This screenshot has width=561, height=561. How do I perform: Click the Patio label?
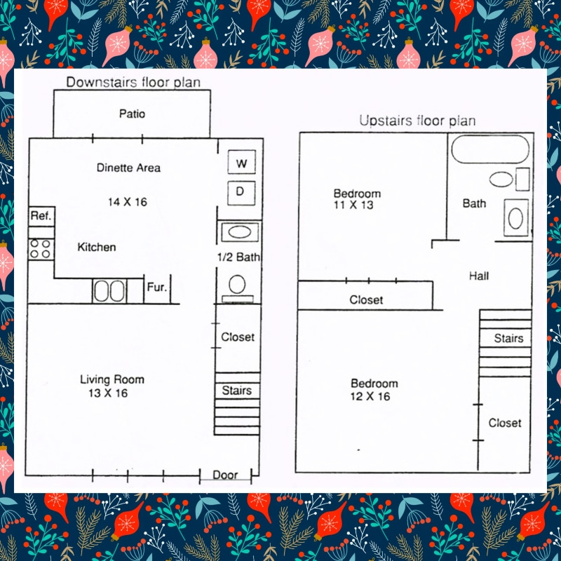coord(132,114)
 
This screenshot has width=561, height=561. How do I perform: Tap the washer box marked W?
coord(242,164)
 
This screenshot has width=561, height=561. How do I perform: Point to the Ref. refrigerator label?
coord(41,217)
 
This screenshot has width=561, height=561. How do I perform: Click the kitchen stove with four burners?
coord(41,248)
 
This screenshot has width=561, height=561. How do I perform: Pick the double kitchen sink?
coord(109,291)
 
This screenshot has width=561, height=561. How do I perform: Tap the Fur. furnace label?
coord(156,288)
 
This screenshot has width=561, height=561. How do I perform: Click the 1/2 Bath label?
coord(238,257)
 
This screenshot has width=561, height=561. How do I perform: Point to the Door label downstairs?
coord(225,475)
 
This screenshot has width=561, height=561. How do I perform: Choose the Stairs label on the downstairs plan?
coord(236,391)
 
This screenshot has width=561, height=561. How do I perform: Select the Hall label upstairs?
coord(479,276)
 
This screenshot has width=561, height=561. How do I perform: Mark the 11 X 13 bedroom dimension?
coord(354,205)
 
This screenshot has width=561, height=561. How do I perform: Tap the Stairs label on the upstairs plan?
coord(508,338)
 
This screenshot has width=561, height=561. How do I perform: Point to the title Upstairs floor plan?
coord(417,121)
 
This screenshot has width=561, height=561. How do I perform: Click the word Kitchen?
coord(97,247)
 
